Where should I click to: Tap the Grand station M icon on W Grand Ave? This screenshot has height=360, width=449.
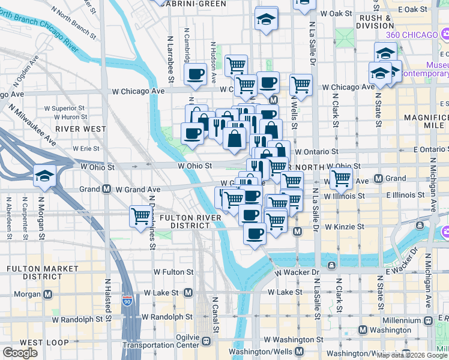pyautogui.click(x=106, y=189)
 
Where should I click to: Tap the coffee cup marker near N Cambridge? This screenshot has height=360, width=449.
pyautogui.click(x=196, y=74)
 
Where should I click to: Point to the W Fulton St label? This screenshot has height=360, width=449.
pyautogui.click(x=173, y=272)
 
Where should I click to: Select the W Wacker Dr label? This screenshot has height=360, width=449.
pyautogui.click(x=298, y=272)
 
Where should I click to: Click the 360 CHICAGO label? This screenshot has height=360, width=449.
pyautogui.click(x=412, y=35)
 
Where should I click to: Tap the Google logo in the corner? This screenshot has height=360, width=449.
pyautogui.click(x=20, y=353)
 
